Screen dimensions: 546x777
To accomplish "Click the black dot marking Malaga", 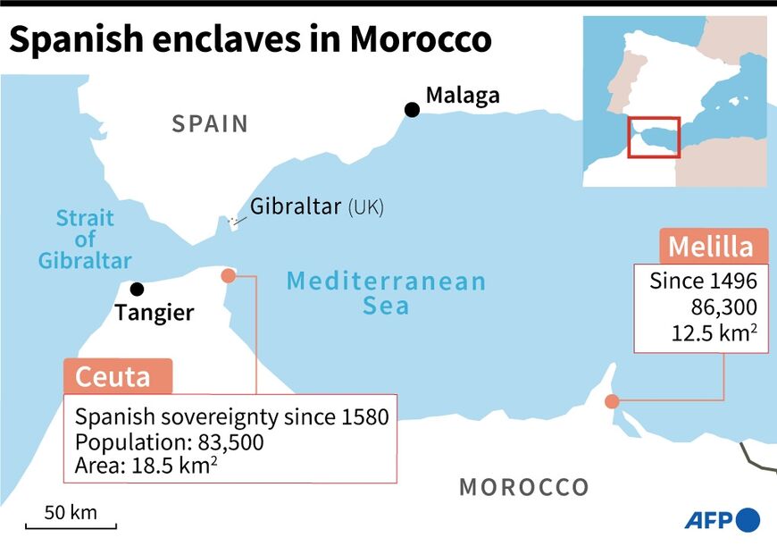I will click(412, 110).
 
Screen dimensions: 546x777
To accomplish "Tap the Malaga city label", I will click(463, 95).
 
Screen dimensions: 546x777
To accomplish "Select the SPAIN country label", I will click(210, 123).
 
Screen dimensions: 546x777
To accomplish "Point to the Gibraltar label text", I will click(295, 206).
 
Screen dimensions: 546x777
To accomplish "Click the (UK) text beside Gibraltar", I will click(365, 207).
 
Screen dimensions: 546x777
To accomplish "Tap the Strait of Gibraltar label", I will click(85, 239).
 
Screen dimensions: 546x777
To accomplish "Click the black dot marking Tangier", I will click(137, 289).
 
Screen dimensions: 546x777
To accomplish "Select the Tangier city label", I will click(155, 313).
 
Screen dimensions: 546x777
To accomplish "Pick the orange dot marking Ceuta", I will click(228, 276).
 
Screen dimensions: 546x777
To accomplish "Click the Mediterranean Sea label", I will click(386, 293).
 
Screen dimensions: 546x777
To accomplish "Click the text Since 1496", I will click(703, 281).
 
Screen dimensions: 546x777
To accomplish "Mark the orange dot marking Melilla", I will click(612, 401).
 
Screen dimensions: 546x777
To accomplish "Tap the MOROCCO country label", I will click(524, 488).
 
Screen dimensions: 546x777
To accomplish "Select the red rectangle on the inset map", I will click(654, 138).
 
